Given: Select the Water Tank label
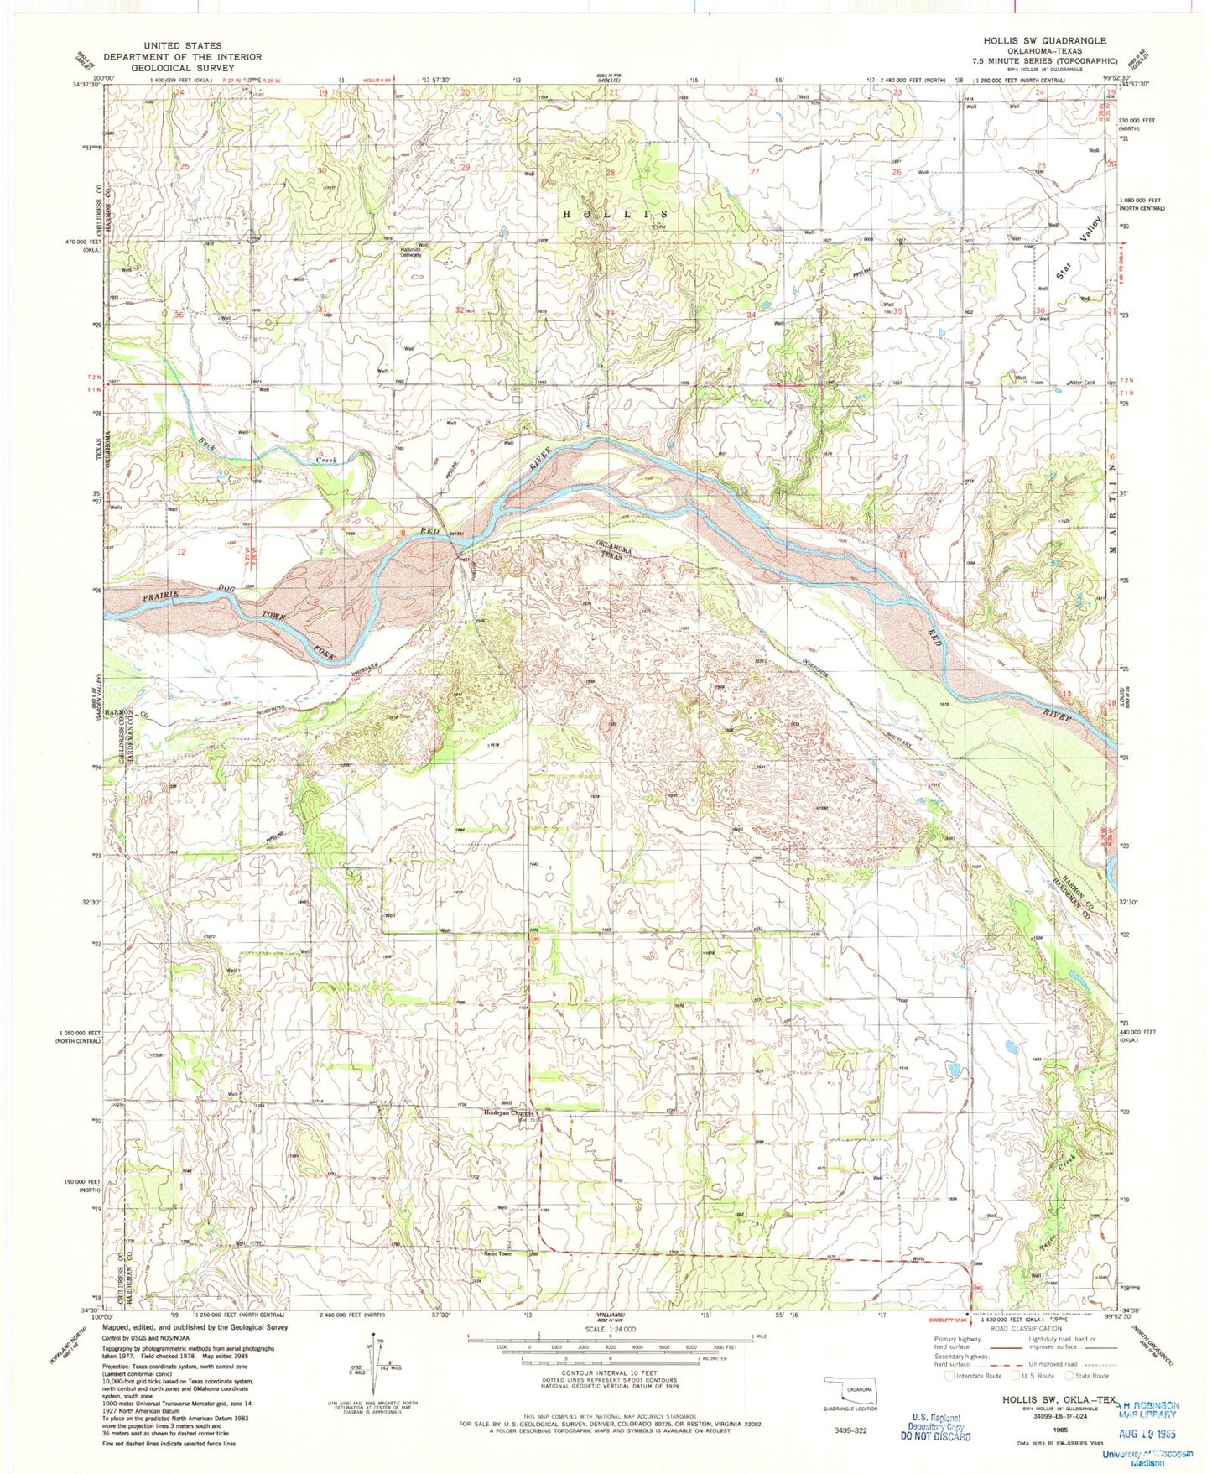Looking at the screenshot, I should click(1082, 383).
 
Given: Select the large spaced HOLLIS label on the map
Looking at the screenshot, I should click(615, 214).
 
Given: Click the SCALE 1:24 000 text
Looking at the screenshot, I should click(604, 1329).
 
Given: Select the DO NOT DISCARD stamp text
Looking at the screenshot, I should click(936, 1436).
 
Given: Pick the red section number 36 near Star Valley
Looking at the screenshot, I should click(1040, 310).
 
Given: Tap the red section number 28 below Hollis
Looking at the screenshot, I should click(611, 173).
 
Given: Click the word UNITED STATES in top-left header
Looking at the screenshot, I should click(183, 46).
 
